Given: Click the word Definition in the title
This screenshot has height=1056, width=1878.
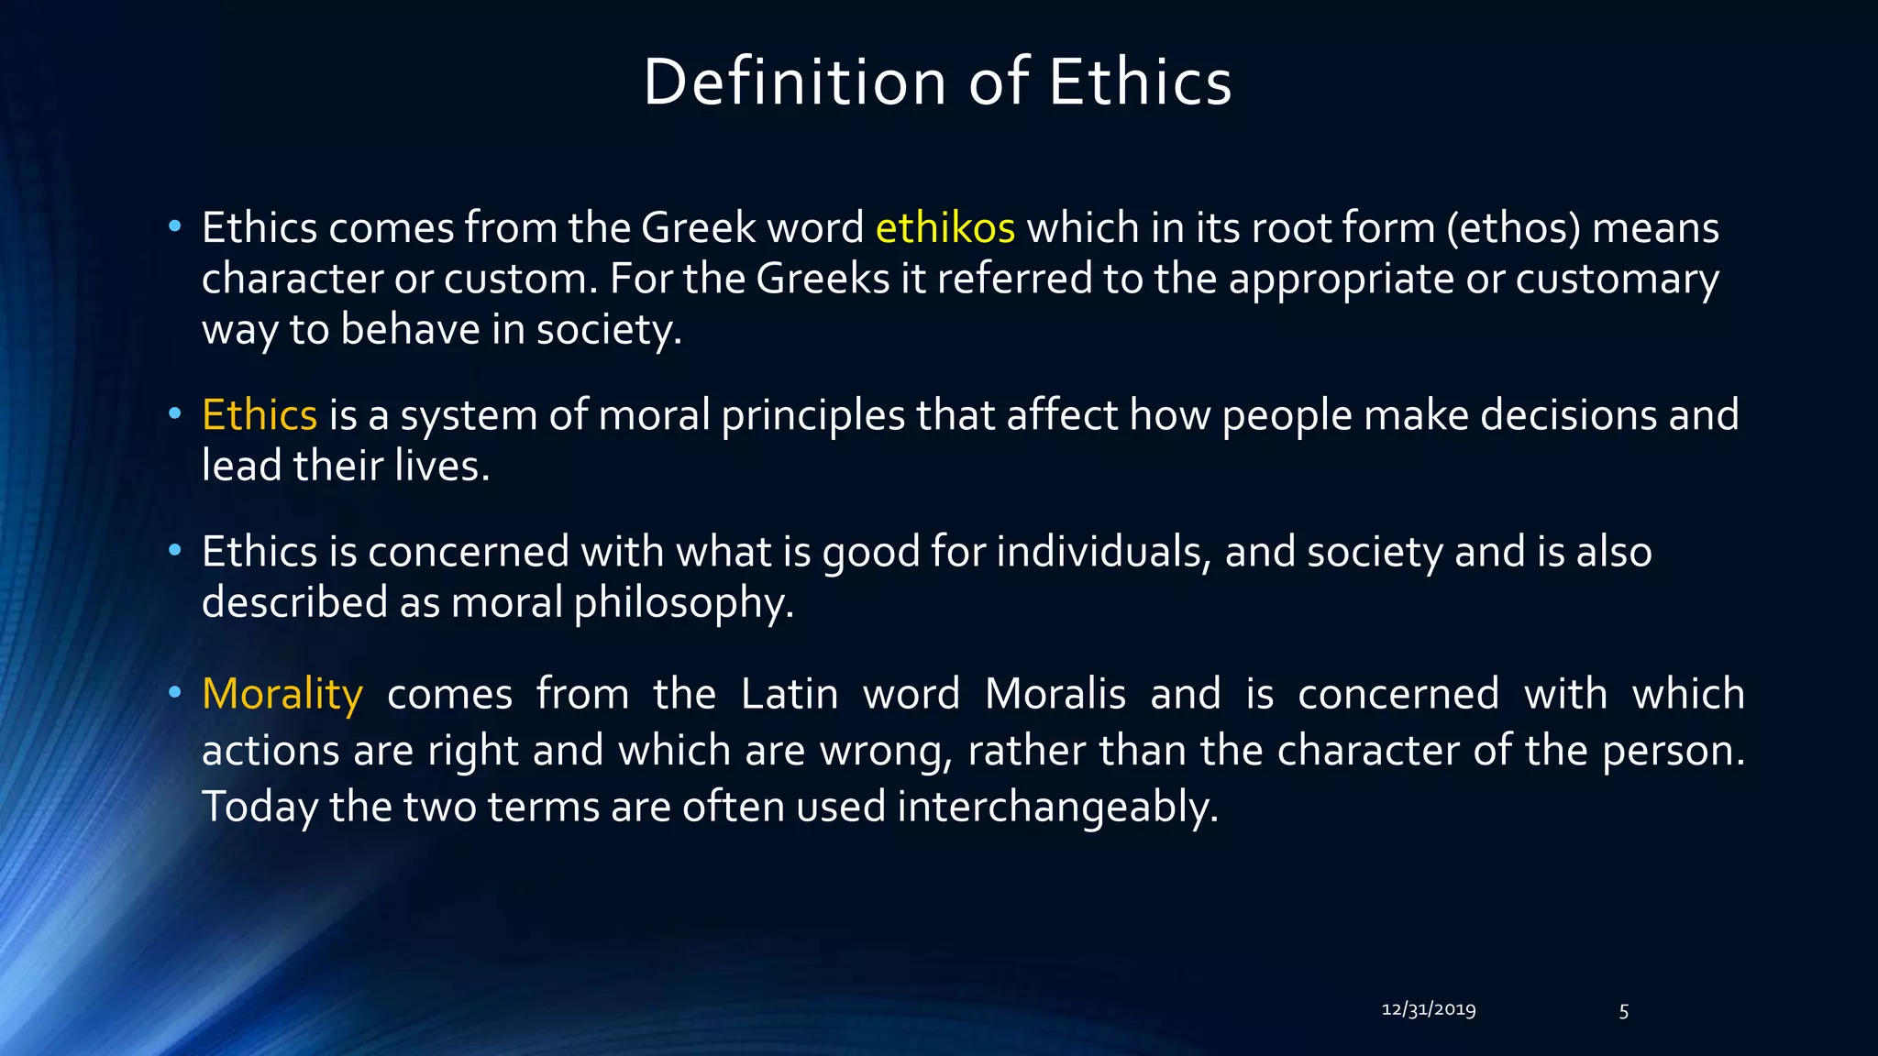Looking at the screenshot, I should pyautogui.click(x=794, y=82).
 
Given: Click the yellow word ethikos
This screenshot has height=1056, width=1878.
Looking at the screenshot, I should pyautogui.click(x=945, y=227).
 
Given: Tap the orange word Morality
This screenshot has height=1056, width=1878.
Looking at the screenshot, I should pyautogui.click(x=282, y=694).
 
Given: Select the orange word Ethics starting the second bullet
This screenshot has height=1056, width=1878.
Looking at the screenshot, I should pyautogui.click(x=260, y=415).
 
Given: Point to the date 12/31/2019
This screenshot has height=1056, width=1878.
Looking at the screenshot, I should pyautogui.click(x=1428, y=1009).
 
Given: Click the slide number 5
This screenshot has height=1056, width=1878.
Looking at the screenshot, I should pyautogui.click(x=1623, y=1011).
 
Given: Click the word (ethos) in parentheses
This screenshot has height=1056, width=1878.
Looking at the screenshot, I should pyautogui.click(x=1513, y=227).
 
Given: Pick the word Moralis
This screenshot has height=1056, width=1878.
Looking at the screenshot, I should pyautogui.click(x=1055, y=694).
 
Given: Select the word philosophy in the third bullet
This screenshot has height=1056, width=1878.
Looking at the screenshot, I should pyautogui.click(x=683, y=603).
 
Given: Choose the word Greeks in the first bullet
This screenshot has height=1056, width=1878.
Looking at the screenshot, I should pyautogui.click(x=823, y=279).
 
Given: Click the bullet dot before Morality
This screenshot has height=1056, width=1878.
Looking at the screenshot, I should pyautogui.click(x=174, y=692).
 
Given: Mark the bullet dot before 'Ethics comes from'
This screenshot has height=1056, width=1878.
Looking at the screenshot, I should pyautogui.click(x=174, y=225).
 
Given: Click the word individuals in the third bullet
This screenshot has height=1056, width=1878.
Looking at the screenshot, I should pyautogui.click(x=1099, y=552).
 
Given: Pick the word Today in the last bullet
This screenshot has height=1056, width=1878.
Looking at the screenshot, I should pyautogui.click(x=260, y=807).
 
